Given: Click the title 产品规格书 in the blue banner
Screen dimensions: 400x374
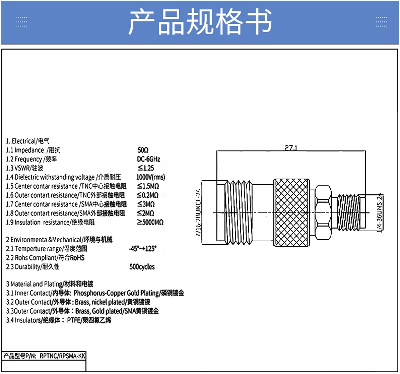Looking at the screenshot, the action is coord(200,21).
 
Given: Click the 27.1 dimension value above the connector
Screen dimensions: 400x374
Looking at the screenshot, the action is coord(291,148).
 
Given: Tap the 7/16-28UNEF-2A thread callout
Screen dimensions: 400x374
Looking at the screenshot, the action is coord(198,213).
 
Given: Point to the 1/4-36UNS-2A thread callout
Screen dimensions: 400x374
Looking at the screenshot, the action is coord(380,213).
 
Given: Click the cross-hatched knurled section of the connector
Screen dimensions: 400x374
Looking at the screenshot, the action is coord(292,213).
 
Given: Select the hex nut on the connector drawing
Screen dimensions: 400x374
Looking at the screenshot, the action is coord(323,213).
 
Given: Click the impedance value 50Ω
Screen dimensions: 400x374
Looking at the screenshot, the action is coord(143,150).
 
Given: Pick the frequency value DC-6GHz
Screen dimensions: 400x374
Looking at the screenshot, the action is coord(148,159).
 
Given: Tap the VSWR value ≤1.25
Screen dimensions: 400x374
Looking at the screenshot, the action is coord(146,168).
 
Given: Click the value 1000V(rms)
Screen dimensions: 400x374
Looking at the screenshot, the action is coord(151,177).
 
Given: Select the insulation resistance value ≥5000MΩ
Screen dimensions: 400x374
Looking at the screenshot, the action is coord(150,222).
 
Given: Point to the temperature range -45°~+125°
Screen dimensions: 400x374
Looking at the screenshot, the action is coord(143,248).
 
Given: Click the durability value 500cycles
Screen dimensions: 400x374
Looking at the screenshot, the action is coord(142,267).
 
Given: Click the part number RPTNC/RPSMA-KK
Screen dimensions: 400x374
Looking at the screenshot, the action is coord(63,356).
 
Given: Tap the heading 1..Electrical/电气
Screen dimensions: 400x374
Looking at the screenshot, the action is coord(28,141).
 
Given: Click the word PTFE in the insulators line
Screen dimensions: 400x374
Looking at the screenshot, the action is coord(74,320).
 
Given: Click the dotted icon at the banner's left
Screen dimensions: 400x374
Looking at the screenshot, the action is coord(21,22).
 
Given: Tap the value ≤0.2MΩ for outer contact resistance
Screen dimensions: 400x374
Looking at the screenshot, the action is coord(148,195).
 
